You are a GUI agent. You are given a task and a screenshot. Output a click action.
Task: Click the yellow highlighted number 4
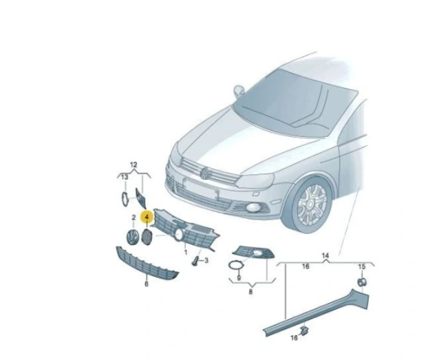pos(147,217)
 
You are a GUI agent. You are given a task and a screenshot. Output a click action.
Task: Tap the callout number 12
pos(134,165)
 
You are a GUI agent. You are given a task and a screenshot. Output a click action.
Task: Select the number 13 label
pos(125,178)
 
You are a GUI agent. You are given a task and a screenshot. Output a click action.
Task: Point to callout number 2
pos(134,218)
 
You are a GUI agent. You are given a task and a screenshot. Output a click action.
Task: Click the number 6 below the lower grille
pos(147,284)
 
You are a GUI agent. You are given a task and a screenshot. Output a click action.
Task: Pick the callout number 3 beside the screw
pos(206,260)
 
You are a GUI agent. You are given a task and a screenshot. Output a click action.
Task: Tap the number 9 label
pos(239,277)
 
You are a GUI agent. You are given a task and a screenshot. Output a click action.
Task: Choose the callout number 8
pos(250,292)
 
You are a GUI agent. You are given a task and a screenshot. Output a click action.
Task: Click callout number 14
pos(326,255)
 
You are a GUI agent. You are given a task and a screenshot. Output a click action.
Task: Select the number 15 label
pos(362,266)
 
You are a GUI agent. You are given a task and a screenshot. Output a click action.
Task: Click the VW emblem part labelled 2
pos(131,237)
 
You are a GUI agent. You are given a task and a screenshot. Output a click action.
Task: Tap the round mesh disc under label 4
pos(147,237)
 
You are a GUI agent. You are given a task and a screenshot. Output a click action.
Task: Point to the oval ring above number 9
pos(235,265)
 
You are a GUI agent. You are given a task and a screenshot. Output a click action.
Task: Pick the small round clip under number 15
pos(362,282)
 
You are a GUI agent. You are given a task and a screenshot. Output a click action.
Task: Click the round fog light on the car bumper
pos(252,208)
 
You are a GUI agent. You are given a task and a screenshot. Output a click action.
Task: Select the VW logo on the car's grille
pos(205,173)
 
